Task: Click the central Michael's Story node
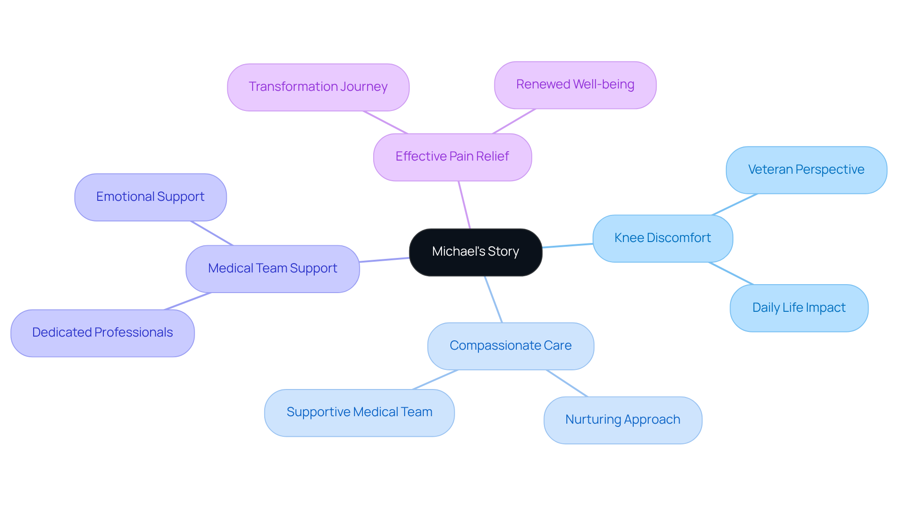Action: pos(475,252)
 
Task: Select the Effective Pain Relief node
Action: pos(452,157)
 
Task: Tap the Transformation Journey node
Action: pos(318,87)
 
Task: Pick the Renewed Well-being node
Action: pos(575,85)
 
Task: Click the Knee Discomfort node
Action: pos(662,238)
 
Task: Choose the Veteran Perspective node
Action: pos(806,170)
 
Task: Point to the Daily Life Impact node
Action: pos(798,308)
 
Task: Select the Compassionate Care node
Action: pos(510,346)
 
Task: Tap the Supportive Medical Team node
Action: pos(359,412)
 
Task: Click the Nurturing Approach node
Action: pos(623,420)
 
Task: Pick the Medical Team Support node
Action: pos(272,269)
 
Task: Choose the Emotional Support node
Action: pos(150,197)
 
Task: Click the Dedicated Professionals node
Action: pos(102,333)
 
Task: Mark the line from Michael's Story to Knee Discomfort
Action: pos(567,245)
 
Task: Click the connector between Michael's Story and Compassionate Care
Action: pos(493,299)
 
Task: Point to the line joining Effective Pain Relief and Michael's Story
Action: pos(464,205)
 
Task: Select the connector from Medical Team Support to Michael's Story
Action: pos(384,260)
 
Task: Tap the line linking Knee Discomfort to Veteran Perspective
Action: pos(734,205)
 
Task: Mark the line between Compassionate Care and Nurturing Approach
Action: pos(567,383)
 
